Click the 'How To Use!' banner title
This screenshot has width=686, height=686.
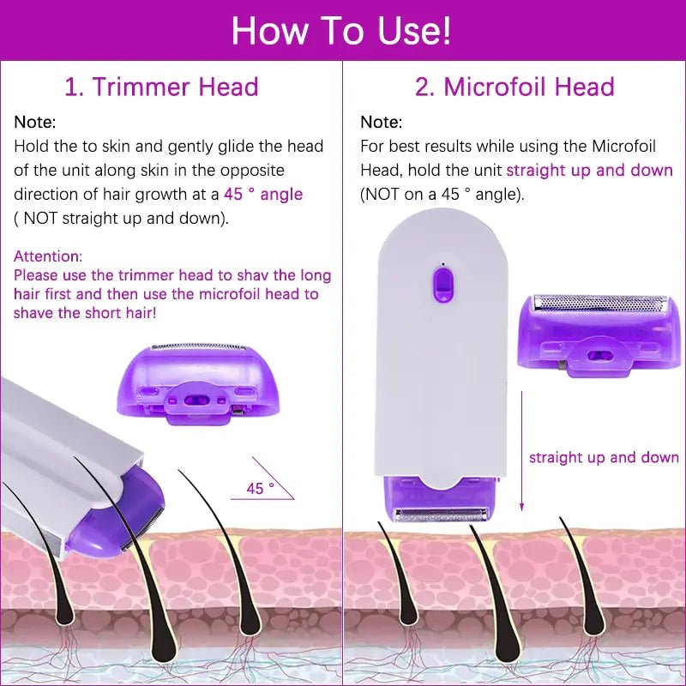(x=341, y=31)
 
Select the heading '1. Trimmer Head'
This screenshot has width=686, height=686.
(x=162, y=87)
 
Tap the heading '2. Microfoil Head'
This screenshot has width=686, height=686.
(x=514, y=87)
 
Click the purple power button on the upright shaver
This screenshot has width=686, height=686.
(x=442, y=283)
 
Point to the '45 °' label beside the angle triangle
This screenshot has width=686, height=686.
(x=260, y=488)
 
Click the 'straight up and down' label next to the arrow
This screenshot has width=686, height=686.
(x=604, y=457)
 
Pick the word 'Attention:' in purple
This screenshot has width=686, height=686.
(x=48, y=256)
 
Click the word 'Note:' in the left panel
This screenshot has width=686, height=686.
(x=35, y=123)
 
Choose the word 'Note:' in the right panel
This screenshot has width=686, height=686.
(x=381, y=123)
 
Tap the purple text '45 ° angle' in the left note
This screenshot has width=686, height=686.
(x=263, y=194)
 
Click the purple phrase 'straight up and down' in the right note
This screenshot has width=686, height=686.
(x=589, y=170)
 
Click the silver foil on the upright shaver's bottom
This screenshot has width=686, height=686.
(x=442, y=514)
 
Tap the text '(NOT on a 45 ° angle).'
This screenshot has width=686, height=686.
(x=442, y=194)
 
